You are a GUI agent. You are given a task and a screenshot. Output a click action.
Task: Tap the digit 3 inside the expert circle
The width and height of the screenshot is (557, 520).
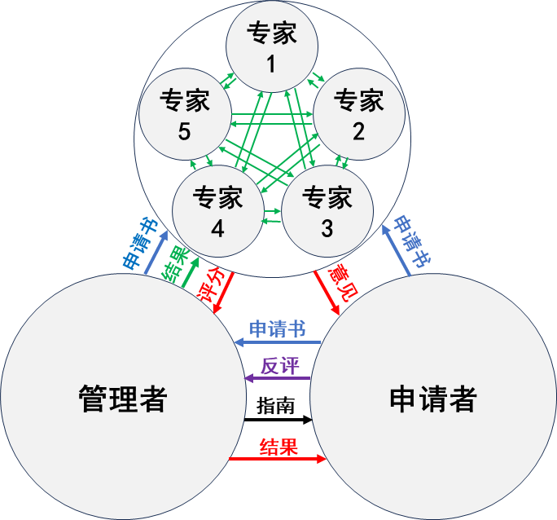tap(327, 229)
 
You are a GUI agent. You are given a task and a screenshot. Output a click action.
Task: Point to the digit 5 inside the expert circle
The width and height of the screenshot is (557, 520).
tap(185, 131)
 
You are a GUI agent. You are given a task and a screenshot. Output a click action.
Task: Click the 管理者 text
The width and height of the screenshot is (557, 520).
tap(123, 399)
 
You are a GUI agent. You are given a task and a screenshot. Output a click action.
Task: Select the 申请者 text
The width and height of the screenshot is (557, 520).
tap(432, 399)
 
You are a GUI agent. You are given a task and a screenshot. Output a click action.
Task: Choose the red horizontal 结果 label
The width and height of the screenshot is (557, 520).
tap(278, 447)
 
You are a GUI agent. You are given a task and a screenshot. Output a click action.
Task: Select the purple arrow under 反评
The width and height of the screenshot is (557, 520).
tap(278, 377)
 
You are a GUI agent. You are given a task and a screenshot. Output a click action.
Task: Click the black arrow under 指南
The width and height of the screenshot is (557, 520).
tap(278, 420)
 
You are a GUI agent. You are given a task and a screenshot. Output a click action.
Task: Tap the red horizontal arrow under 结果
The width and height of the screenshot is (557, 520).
tap(278, 460)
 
